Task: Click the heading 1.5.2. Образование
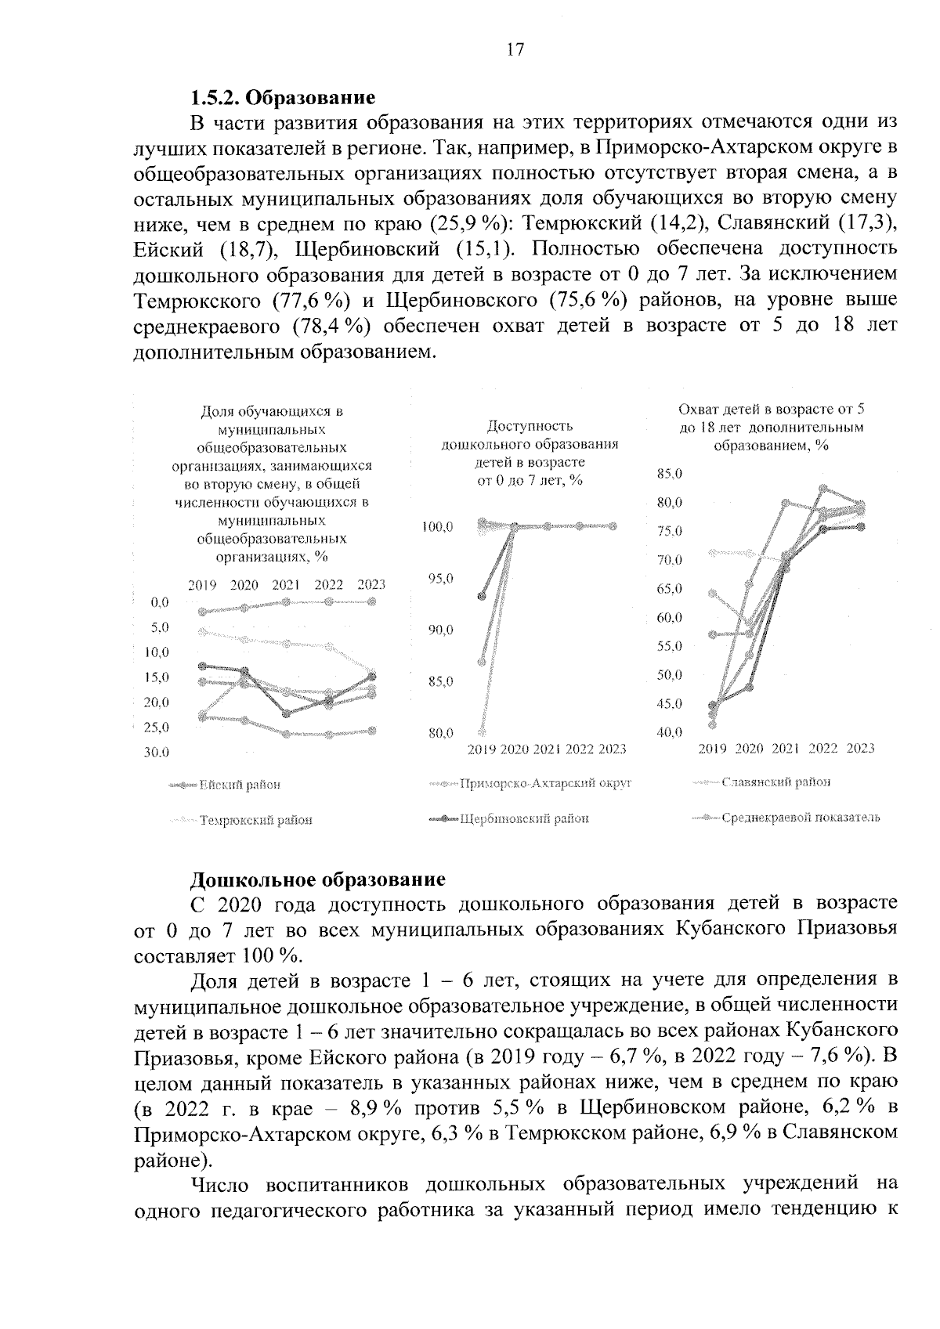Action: coord(284,99)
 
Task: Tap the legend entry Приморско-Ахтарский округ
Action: coord(544,782)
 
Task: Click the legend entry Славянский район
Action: coord(775,782)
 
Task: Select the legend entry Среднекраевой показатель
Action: coord(800,818)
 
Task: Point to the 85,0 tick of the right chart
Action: coord(670,474)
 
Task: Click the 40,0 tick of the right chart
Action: coord(670,732)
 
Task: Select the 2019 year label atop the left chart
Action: coord(202,584)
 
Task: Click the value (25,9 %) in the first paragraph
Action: coord(470,225)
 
